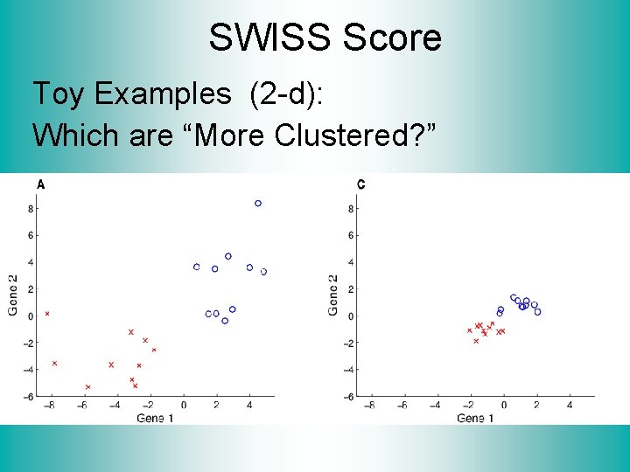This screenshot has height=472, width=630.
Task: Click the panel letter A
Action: (41, 184)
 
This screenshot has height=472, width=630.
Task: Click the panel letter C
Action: (362, 184)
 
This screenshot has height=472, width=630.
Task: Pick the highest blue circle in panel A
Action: (258, 204)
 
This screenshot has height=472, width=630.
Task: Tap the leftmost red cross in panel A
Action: (47, 313)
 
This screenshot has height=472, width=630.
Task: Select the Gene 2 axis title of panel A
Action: (13, 295)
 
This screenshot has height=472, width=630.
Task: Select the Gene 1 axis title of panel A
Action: (155, 419)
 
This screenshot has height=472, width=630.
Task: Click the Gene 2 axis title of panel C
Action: (333, 295)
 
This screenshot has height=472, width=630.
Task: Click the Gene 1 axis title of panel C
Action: (475, 419)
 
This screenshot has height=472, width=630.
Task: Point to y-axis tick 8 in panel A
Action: (31, 209)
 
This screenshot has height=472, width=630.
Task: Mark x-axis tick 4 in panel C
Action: (570, 406)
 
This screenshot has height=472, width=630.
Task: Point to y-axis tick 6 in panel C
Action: (351, 236)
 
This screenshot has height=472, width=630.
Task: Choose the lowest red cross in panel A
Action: (87, 386)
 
